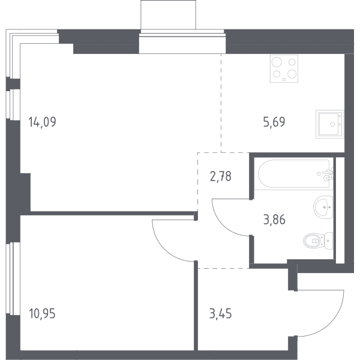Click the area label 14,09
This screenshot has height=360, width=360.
42,122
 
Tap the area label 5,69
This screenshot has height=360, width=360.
274,122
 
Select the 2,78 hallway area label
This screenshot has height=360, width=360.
221,176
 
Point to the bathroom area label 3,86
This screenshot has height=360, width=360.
274,220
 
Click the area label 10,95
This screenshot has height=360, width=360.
43,313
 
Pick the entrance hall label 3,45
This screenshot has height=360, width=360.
220,313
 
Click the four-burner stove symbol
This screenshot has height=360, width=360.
284,68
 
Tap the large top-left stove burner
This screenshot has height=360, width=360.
277,62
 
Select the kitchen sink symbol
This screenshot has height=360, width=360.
329,124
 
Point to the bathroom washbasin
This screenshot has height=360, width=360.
323,207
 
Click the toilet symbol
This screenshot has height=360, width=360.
318,241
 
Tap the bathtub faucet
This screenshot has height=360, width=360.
328,175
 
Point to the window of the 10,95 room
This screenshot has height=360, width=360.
13,279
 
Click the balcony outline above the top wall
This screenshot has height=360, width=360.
168,14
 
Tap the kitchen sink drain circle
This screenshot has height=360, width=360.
332,124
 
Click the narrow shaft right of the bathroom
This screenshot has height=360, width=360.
340,211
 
